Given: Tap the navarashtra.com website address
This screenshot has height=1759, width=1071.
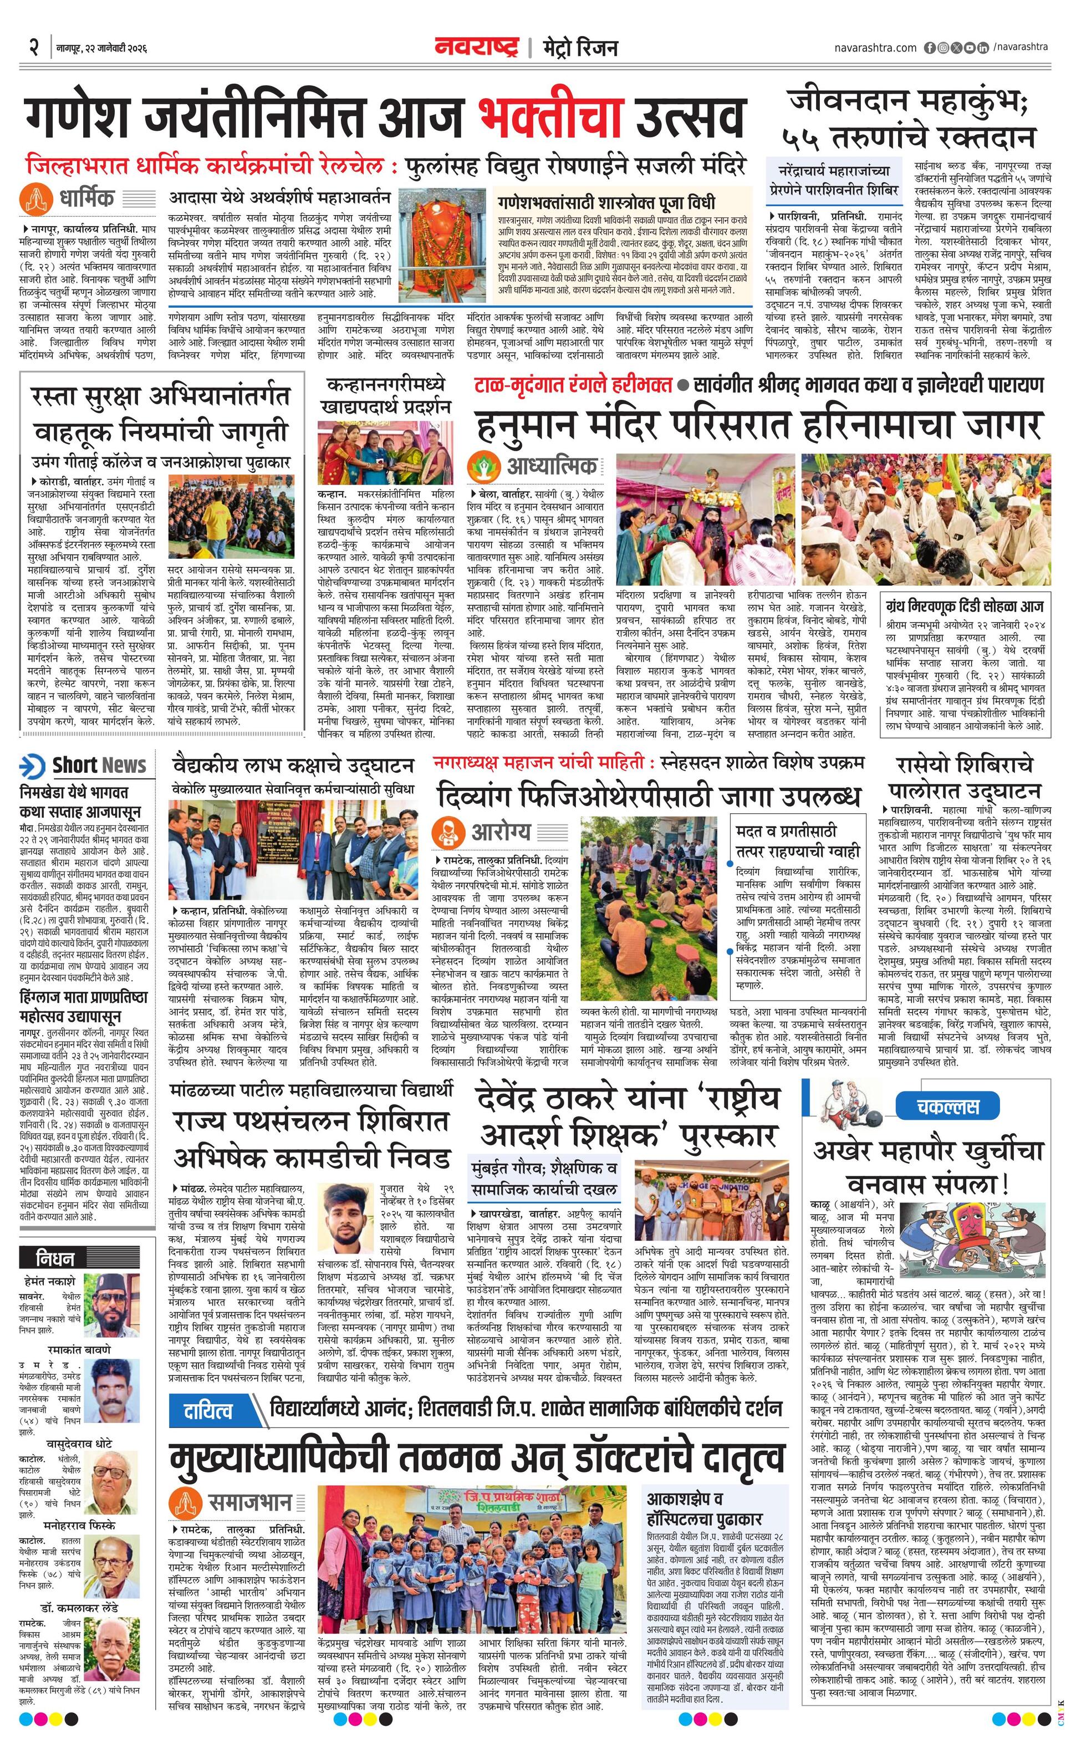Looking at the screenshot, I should click(x=875, y=48).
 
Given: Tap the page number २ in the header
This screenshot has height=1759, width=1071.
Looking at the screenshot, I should click(x=32, y=48).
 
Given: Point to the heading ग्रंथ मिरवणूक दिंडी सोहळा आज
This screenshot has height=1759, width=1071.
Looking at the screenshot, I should click(x=965, y=607).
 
